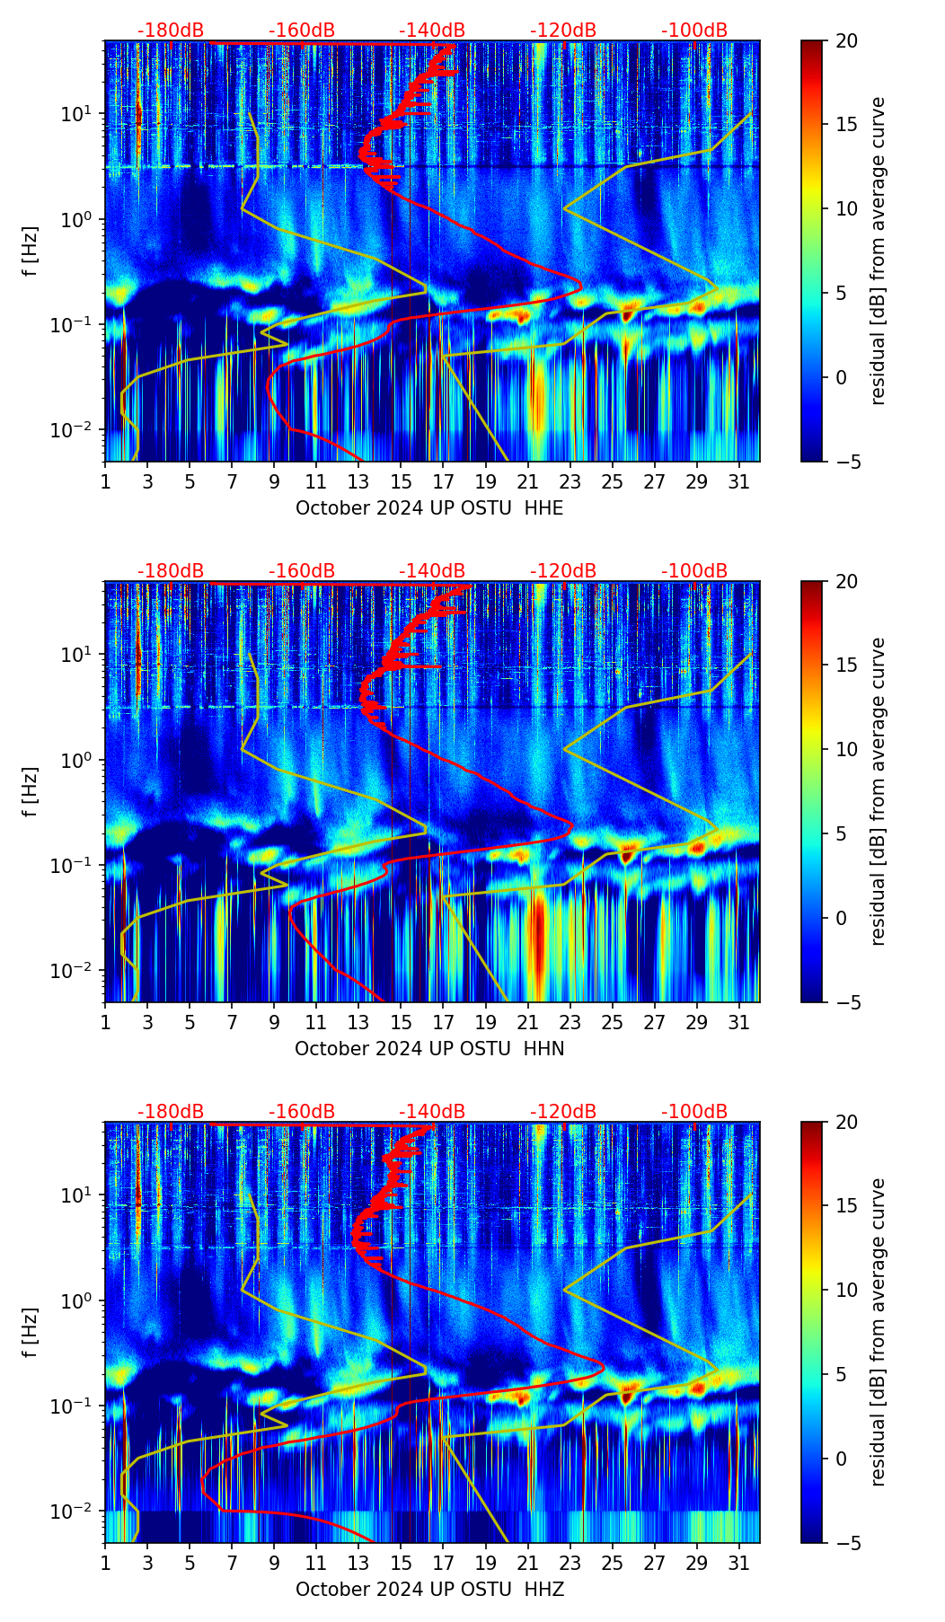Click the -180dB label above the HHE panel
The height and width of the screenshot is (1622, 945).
(171, 31)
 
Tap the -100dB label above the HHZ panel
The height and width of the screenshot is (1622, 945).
(694, 1112)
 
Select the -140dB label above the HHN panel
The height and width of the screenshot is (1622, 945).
(432, 571)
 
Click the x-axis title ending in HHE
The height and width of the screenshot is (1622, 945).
(429, 508)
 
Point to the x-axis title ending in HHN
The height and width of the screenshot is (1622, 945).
(429, 1049)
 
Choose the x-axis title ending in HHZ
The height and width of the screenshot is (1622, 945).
(429, 1590)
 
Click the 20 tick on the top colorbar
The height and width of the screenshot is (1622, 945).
(846, 41)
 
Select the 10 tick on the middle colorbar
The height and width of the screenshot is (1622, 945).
(846, 749)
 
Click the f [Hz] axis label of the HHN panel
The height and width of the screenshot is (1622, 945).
(31, 792)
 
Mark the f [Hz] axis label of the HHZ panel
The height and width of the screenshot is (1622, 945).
(31, 1333)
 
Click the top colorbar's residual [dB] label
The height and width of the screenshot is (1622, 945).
(878, 251)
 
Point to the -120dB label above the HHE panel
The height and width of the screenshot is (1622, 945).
(563, 31)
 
